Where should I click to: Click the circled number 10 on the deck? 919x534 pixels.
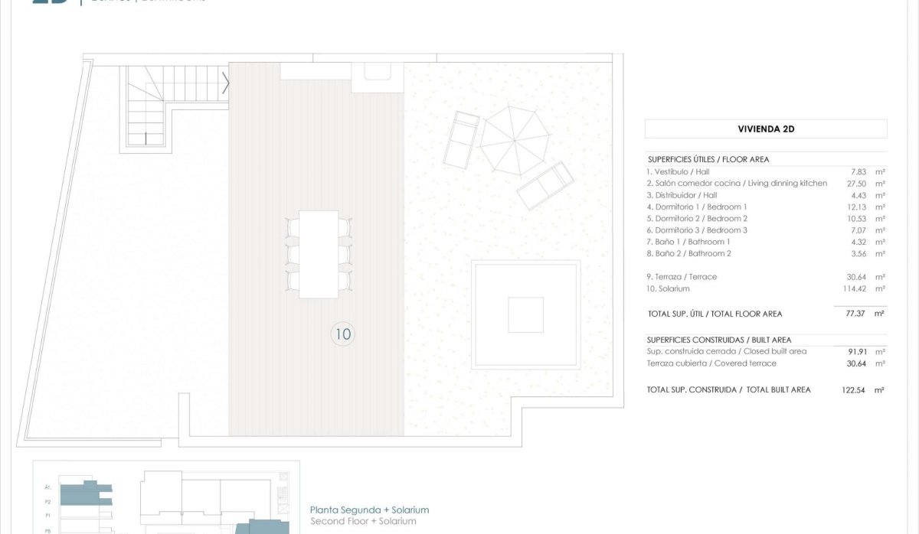pos(342,334)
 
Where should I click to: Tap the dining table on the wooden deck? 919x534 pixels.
pos(319,254)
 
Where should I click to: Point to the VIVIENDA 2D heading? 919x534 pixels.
pos(766,129)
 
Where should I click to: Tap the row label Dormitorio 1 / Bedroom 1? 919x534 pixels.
pos(696,207)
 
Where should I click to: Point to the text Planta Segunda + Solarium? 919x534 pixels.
pos(369,510)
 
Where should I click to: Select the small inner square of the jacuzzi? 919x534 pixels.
pos(525,314)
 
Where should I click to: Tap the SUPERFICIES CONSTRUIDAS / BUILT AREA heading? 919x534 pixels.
pos(718,340)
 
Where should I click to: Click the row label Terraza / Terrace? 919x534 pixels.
pos(682,277)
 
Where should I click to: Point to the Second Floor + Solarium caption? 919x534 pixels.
pos(363,521)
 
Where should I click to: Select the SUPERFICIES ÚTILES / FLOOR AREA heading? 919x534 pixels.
pos(708,159)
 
